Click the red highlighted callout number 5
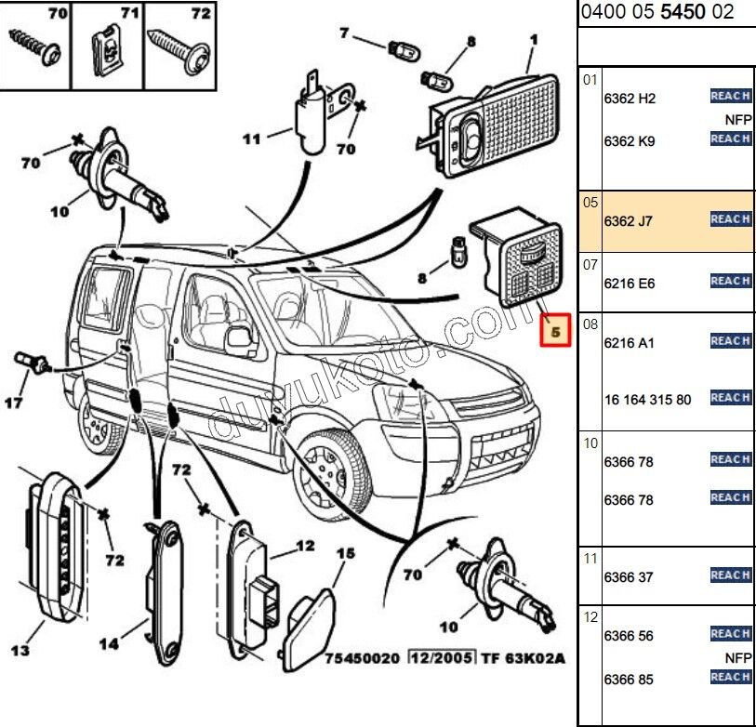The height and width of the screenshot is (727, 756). [555, 330]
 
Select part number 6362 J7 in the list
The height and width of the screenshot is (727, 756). [630, 220]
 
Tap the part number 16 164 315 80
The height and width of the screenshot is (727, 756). [647, 400]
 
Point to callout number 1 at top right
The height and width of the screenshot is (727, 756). [534, 40]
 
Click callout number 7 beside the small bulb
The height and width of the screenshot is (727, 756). [343, 33]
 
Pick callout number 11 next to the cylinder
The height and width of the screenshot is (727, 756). [251, 139]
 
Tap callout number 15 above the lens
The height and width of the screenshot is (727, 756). [345, 554]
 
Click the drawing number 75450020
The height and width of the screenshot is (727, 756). [362, 658]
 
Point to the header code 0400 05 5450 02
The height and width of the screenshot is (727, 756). [657, 12]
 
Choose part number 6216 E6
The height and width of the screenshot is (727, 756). [630, 283]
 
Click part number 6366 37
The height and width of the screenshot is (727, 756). [628, 577]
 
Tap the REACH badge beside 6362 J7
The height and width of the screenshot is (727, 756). [730, 219]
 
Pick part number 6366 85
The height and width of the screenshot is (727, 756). [629, 680]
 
